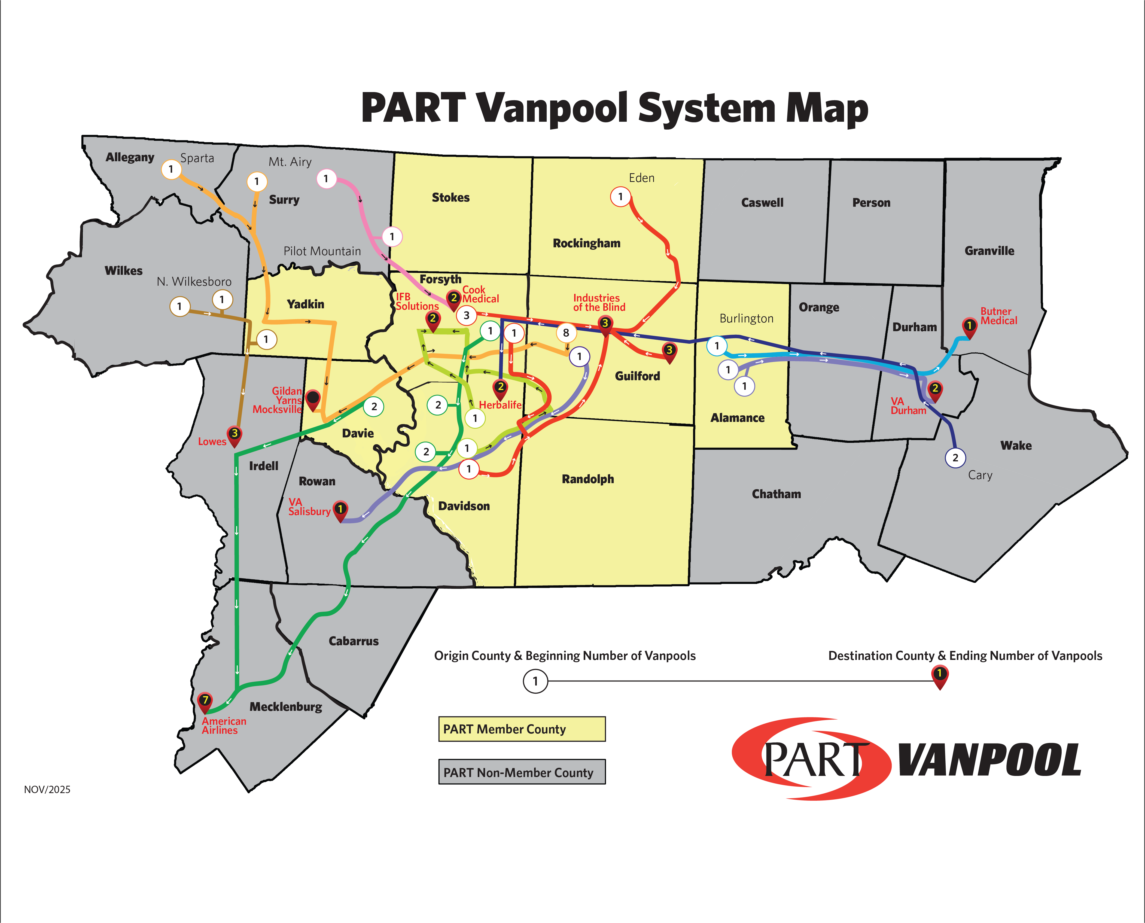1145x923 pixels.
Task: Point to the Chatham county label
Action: click(x=776, y=494)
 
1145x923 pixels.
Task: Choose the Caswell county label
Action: click(x=762, y=203)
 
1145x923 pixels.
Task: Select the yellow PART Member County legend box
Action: click(x=522, y=729)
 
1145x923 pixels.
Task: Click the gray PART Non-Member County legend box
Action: click(x=522, y=772)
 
